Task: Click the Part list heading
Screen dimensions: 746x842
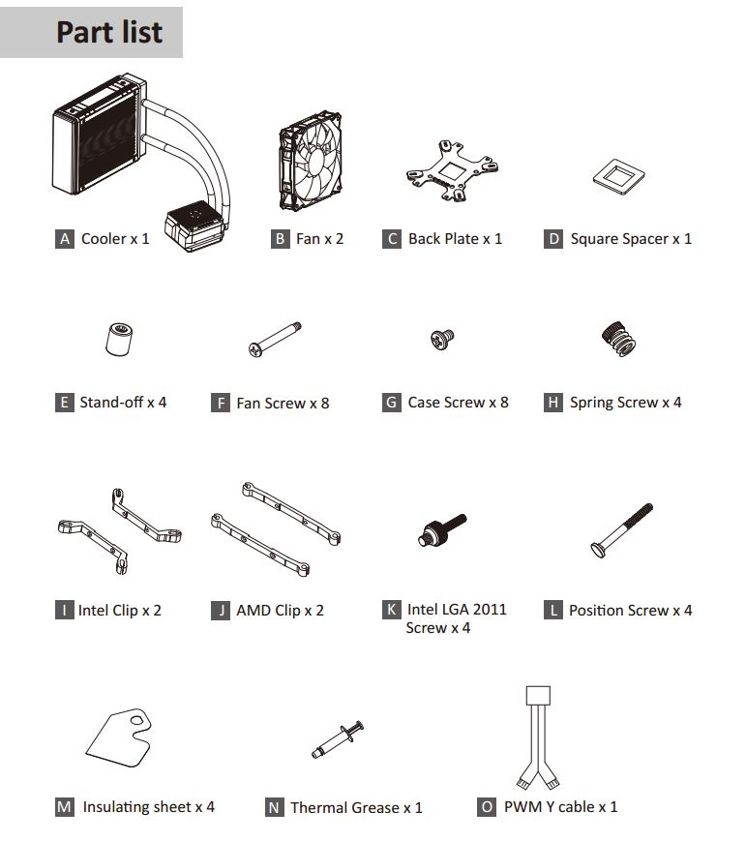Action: point(109,32)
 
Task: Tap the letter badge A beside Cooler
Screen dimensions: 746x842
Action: point(65,239)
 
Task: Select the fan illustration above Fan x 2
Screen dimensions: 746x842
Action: point(311,160)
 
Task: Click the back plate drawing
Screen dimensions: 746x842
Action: point(452,171)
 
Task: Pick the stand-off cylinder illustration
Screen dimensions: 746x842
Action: point(119,339)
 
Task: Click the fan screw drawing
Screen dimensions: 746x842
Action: point(275,340)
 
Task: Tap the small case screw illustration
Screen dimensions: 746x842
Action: point(442,340)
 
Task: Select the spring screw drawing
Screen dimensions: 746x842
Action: point(619,339)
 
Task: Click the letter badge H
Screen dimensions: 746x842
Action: point(552,403)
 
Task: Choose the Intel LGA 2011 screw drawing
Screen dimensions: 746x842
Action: point(442,530)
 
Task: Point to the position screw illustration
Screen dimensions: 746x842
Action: point(621,530)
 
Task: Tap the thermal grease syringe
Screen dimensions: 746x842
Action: point(338,739)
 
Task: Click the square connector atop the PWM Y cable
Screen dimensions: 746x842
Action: point(538,696)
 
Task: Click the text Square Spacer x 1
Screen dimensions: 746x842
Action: point(631,239)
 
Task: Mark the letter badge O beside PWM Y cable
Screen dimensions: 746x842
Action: point(487,807)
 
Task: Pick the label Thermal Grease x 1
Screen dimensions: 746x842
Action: point(356,807)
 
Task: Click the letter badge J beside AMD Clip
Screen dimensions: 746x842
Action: point(220,611)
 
